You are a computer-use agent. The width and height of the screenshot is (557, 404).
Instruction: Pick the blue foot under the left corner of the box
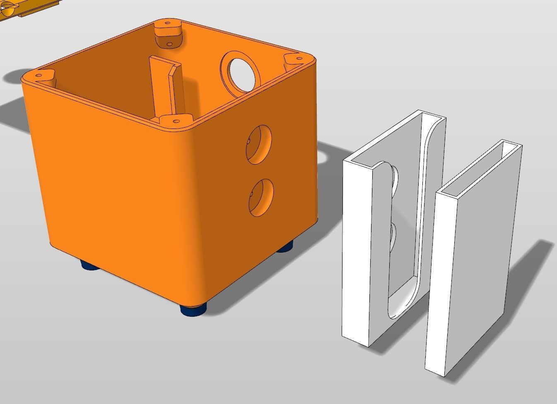click(x=89, y=265)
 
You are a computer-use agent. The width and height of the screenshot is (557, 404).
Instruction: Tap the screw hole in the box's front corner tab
click(x=176, y=122)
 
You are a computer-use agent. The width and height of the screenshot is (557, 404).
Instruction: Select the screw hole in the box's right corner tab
click(x=297, y=60)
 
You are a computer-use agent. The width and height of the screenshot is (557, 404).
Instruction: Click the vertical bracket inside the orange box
click(x=166, y=89)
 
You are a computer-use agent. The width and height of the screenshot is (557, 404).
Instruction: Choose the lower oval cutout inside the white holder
click(x=392, y=236)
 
